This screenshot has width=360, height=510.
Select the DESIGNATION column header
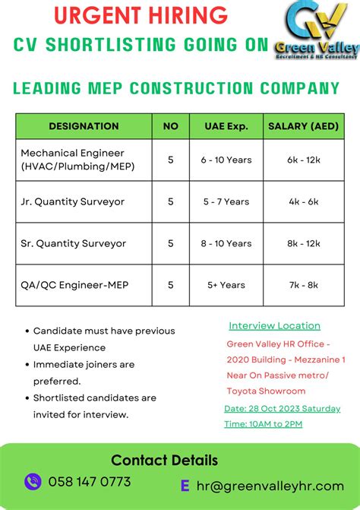tap(84, 126)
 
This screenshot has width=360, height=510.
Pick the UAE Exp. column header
tap(226, 126)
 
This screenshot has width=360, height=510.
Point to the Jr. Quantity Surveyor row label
tap(73, 201)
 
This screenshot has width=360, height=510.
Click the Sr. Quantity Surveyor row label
tap(74, 243)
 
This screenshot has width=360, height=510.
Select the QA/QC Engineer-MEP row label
tap(74, 285)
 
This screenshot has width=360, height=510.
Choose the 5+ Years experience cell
tap(226, 285)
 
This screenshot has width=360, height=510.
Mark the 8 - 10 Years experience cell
tap(226, 243)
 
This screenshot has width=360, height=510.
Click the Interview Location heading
tap(274, 326)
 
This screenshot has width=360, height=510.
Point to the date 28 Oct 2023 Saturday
tap(282, 408)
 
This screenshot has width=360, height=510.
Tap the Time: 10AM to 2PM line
tap(263, 423)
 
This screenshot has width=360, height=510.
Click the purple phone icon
tap(33, 481)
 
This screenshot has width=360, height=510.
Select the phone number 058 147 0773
tap(90, 482)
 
